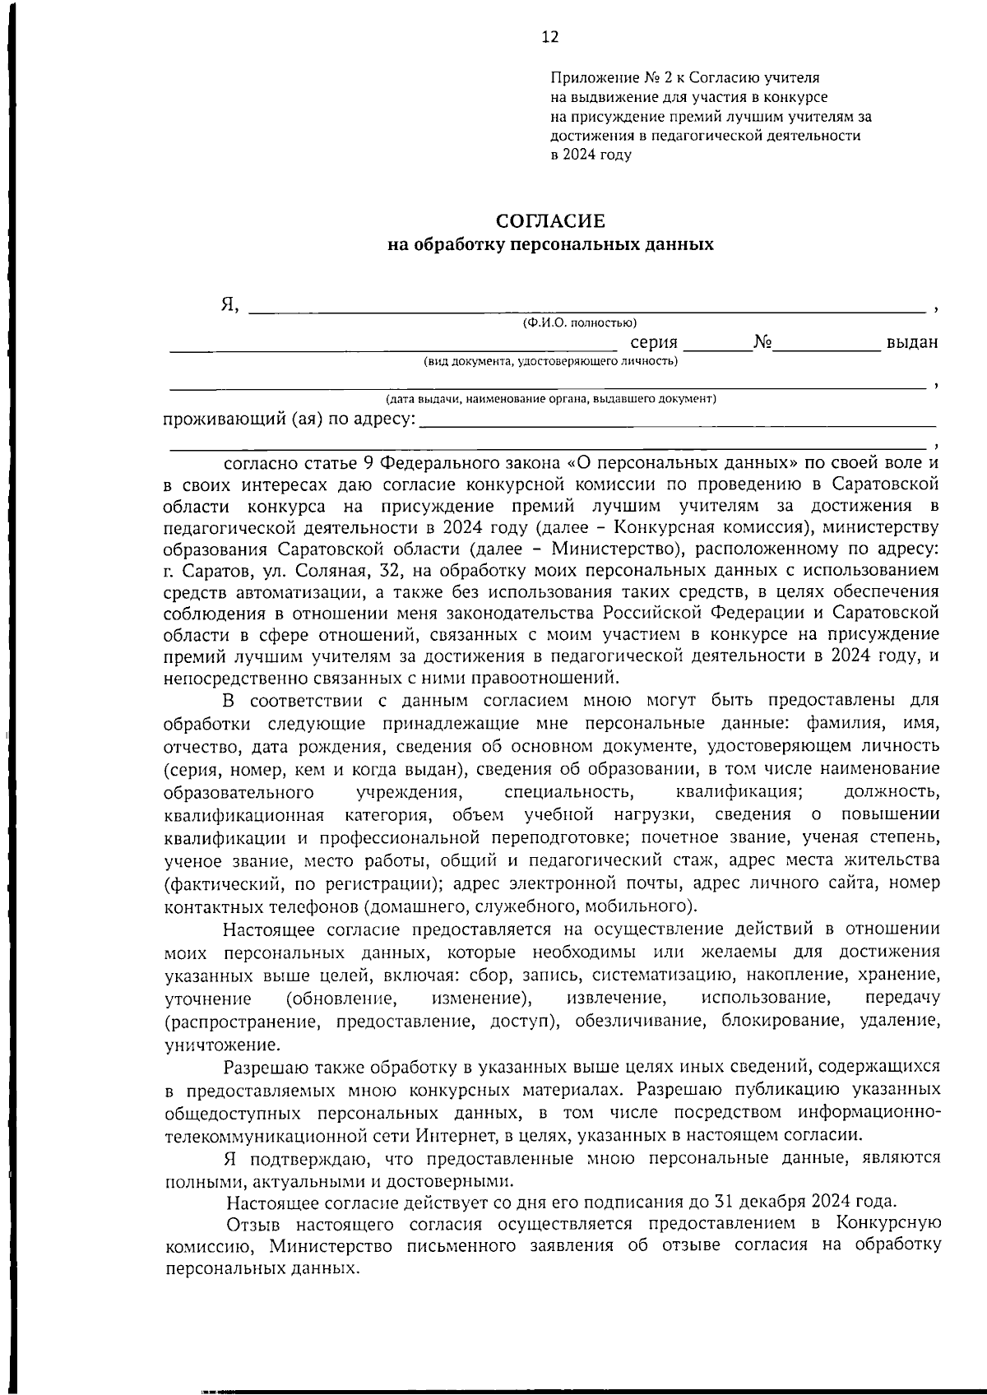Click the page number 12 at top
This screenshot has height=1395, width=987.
click(550, 36)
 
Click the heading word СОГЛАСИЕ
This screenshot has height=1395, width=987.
click(550, 221)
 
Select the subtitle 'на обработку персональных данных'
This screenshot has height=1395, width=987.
click(550, 244)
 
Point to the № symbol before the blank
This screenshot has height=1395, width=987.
click(761, 342)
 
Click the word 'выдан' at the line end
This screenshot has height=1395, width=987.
click(911, 343)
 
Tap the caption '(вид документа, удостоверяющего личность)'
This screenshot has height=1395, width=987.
click(550, 361)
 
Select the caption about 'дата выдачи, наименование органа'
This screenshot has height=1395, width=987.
click(551, 399)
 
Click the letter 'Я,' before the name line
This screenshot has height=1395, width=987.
click(229, 305)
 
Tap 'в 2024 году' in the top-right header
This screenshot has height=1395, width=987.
click(591, 155)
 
